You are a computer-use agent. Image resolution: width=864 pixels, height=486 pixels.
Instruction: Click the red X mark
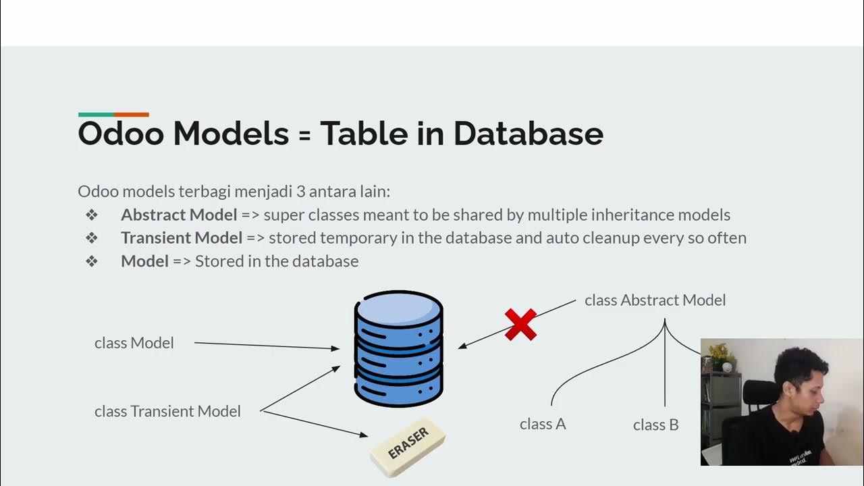[x=520, y=325]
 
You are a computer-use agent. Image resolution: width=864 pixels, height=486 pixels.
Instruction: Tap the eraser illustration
[x=408, y=448]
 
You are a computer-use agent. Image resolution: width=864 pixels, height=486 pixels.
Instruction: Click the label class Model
[x=134, y=343]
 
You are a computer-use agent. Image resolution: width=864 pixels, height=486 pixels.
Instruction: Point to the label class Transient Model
[x=167, y=411]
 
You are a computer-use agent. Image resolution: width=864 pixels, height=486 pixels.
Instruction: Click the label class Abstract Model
[x=655, y=300]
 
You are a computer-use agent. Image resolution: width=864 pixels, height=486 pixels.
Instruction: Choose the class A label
[x=543, y=425]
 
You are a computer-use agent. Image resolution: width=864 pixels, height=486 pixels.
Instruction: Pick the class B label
[x=655, y=425]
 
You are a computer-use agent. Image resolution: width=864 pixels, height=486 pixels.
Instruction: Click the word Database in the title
[x=528, y=134]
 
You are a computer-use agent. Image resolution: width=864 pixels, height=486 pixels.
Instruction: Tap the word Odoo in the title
[x=121, y=134]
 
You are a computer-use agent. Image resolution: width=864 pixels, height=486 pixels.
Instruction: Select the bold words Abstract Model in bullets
[x=179, y=215]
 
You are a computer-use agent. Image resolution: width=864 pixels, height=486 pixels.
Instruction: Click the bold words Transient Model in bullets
[x=182, y=238]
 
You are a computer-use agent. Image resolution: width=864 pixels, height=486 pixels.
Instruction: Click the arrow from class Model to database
[x=267, y=346]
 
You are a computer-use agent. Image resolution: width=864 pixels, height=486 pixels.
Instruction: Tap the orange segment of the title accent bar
[x=132, y=115]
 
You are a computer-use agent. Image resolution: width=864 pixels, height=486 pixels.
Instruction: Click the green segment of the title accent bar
[x=96, y=115]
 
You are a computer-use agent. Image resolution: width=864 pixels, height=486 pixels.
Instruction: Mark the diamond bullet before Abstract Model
[x=92, y=215]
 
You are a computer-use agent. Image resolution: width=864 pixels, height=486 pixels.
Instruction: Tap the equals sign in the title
[x=304, y=135]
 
